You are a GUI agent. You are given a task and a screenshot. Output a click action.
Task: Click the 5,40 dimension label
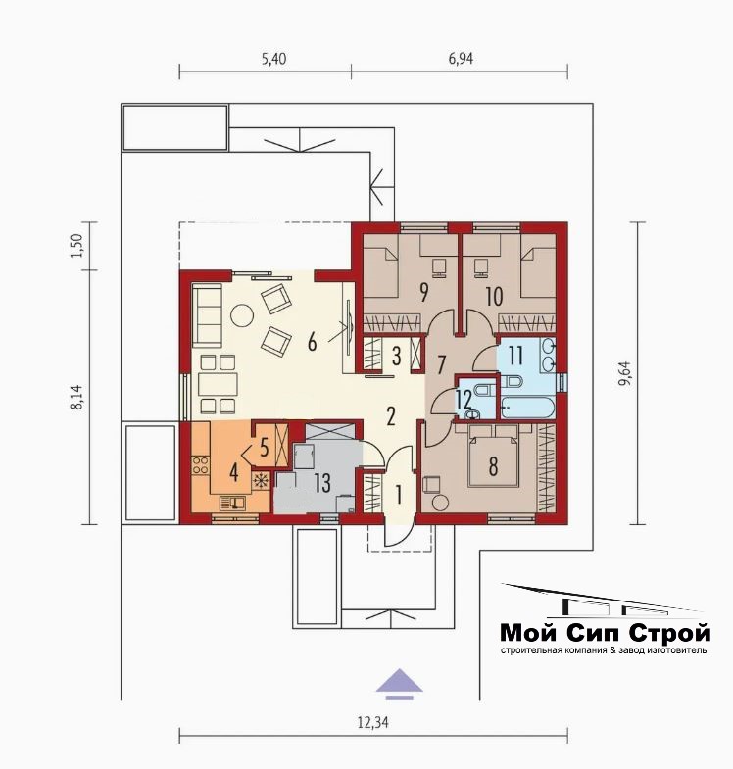coord(273,59)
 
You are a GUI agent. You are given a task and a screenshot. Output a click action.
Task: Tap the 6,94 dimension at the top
coord(461,59)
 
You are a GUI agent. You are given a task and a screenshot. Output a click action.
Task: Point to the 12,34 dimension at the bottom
coord(373,722)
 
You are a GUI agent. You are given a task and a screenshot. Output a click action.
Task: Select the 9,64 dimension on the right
coord(625,373)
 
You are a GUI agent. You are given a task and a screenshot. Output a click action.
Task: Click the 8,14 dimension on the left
coord(77,397)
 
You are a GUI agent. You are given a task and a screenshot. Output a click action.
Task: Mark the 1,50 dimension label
coord(77,246)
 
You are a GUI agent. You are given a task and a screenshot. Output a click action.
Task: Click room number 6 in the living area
coord(312,342)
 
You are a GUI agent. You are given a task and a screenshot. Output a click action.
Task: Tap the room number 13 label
coord(322,483)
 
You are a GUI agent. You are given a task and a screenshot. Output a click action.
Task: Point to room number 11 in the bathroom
coord(515,356)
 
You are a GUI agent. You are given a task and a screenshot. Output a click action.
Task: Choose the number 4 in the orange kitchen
coord(233,473)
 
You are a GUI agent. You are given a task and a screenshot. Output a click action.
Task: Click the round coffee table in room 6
coord(242,315)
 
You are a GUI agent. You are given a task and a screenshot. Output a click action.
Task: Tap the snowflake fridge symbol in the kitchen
coord(261,480)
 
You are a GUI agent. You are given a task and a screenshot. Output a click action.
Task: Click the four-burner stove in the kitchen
coord(200,465)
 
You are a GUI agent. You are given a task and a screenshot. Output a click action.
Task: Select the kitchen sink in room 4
coord(232,504)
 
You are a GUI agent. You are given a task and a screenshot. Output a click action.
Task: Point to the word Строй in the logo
coord(669,633)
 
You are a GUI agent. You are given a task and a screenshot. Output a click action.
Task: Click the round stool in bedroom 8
coord(440,503)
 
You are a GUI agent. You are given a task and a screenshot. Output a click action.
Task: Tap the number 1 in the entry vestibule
coord(399,495)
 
